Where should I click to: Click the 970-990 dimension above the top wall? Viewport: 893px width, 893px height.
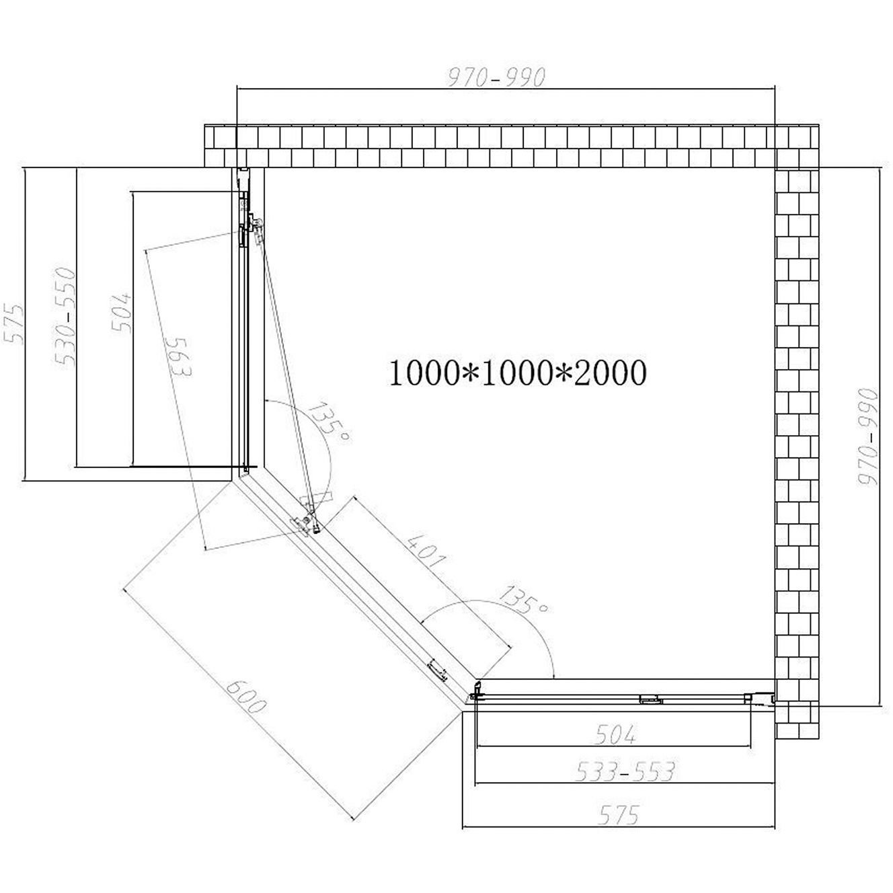tap(496, 77)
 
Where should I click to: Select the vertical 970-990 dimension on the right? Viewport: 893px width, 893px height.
tap(867, 437)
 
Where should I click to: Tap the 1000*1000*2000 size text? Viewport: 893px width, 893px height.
tap(516, 373)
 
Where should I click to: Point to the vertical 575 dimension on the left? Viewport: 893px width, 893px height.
tap(13, 324)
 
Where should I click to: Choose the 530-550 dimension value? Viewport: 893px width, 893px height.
tap(65, 317)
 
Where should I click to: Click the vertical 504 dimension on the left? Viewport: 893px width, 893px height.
tap(122, 313)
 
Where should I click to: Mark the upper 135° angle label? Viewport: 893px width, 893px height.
tap(328, 423)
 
